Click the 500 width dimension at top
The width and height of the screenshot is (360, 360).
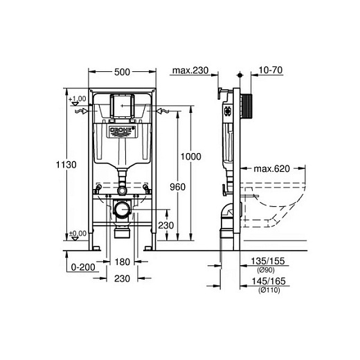click(x=123, y=71)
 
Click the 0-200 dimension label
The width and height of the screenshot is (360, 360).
click(x=82, y=265)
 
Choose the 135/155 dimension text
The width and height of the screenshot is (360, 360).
click(x=269, y=261)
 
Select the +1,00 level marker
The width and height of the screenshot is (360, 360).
click(x=78, y=99)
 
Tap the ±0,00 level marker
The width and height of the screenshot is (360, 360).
click(x=78, y=233)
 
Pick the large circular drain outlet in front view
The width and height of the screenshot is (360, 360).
click(x=123, y=208)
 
